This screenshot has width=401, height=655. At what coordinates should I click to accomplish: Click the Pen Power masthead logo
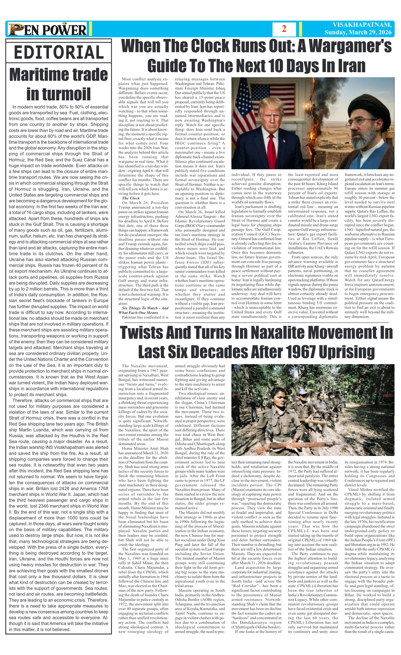coord(47,29)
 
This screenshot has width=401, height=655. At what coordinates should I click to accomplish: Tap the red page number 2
coord(284,29)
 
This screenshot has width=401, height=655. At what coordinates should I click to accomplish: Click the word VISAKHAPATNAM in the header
coord(362,25)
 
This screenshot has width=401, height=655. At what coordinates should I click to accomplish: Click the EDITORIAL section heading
coord(59,52)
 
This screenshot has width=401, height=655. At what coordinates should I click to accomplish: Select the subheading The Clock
coord(131,198)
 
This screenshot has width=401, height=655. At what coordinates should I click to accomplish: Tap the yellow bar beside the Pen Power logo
coord(90,29)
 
